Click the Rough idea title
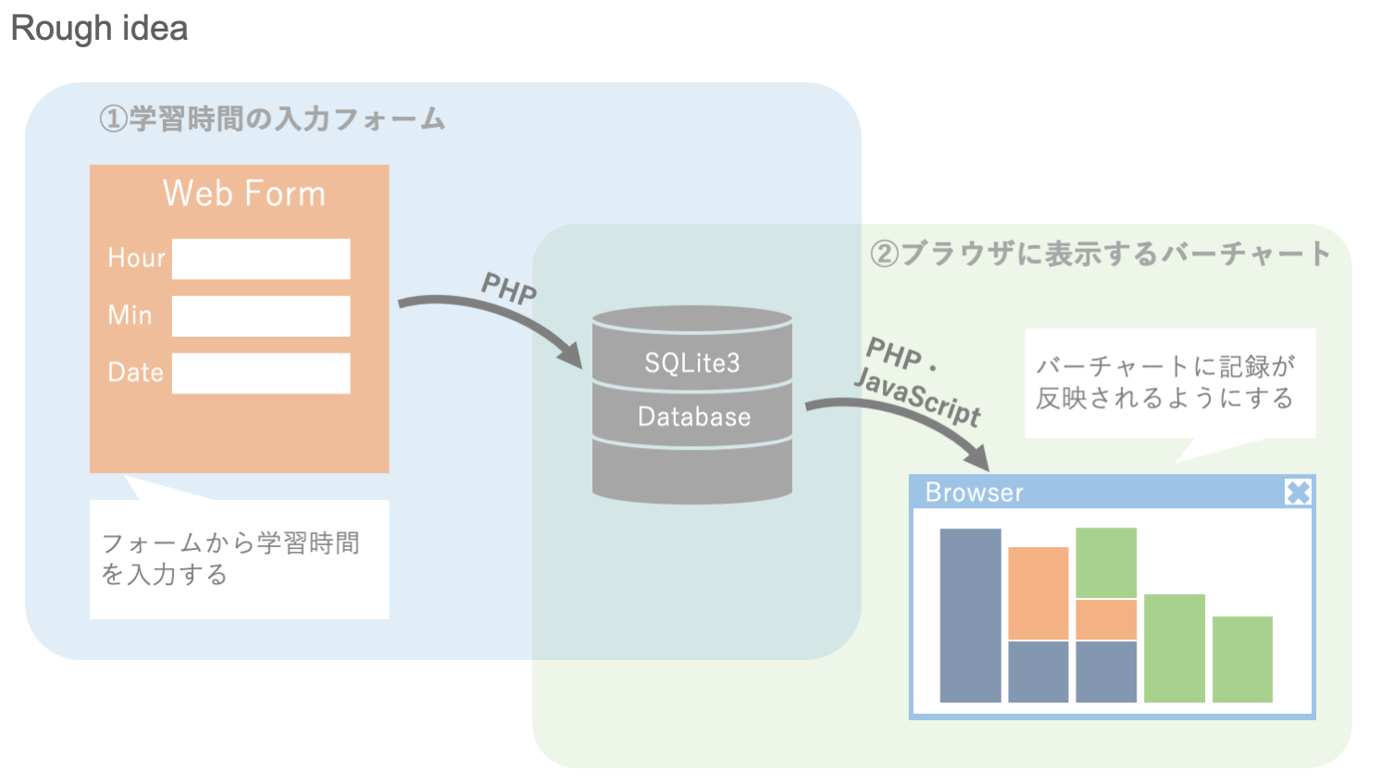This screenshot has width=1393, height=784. pyautogui.click(x=99, y=29)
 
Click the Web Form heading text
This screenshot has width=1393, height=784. pyautogui.click(x=244, y=194)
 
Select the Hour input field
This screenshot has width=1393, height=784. pyautogui.click(x=261, y=259)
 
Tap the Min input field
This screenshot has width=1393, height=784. pyautogui.click(x=261, y=317)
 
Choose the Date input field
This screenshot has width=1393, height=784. pyautogui.click(x=261, y=373)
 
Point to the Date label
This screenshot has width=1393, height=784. pyautogui.click(x=135, y=373)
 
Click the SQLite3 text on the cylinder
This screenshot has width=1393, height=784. pyautogui.click(x=692, y=363)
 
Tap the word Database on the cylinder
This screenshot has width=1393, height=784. pyautogui.click(x=694, y=417)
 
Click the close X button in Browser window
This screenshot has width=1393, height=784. pyautogui.click(x=1298, y=492)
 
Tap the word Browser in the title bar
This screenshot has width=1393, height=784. pyautogui.click(x=974, y=492)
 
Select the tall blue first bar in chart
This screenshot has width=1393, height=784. pyautogui.click(x=970, y=616)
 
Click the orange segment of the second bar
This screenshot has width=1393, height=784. pyautogui.click(x=1038, y=593)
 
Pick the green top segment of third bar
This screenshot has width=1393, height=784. pyautogui.click(x=1106, y=563)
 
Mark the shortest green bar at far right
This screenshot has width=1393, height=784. pyautogui.click(x=1242, y=659)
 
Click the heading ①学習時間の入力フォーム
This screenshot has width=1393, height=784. pyautogui.click(x=272, y=119)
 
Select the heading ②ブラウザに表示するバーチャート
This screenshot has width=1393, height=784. pyautogui.click(x=1101, y=254)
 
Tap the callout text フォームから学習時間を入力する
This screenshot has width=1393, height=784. pyautogui.click(x=230, y=558)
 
